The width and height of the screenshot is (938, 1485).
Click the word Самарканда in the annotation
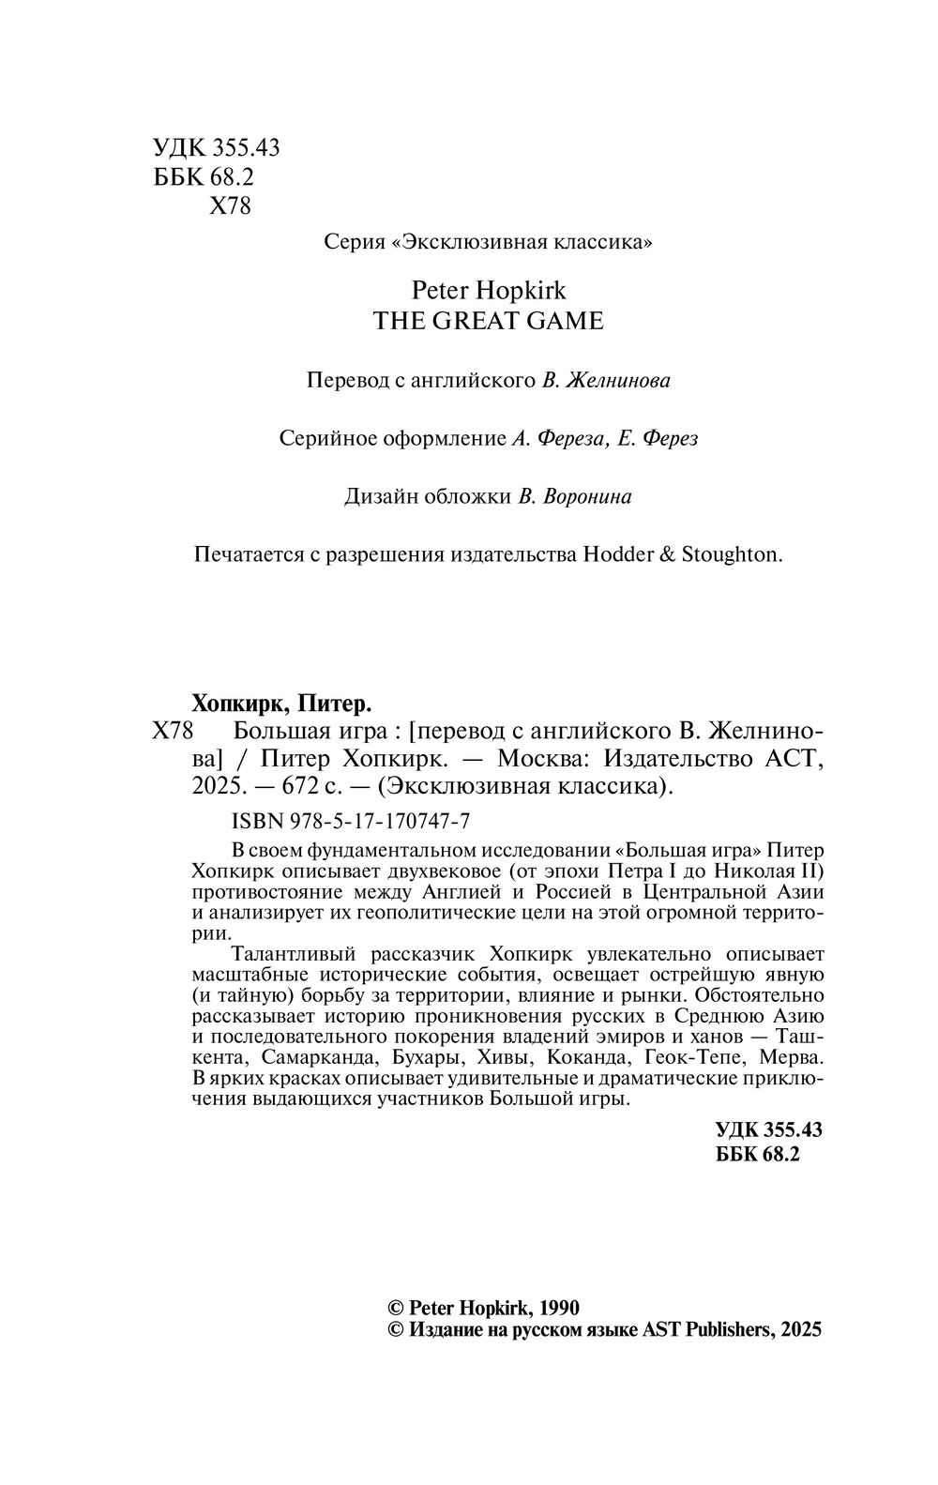317,1057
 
